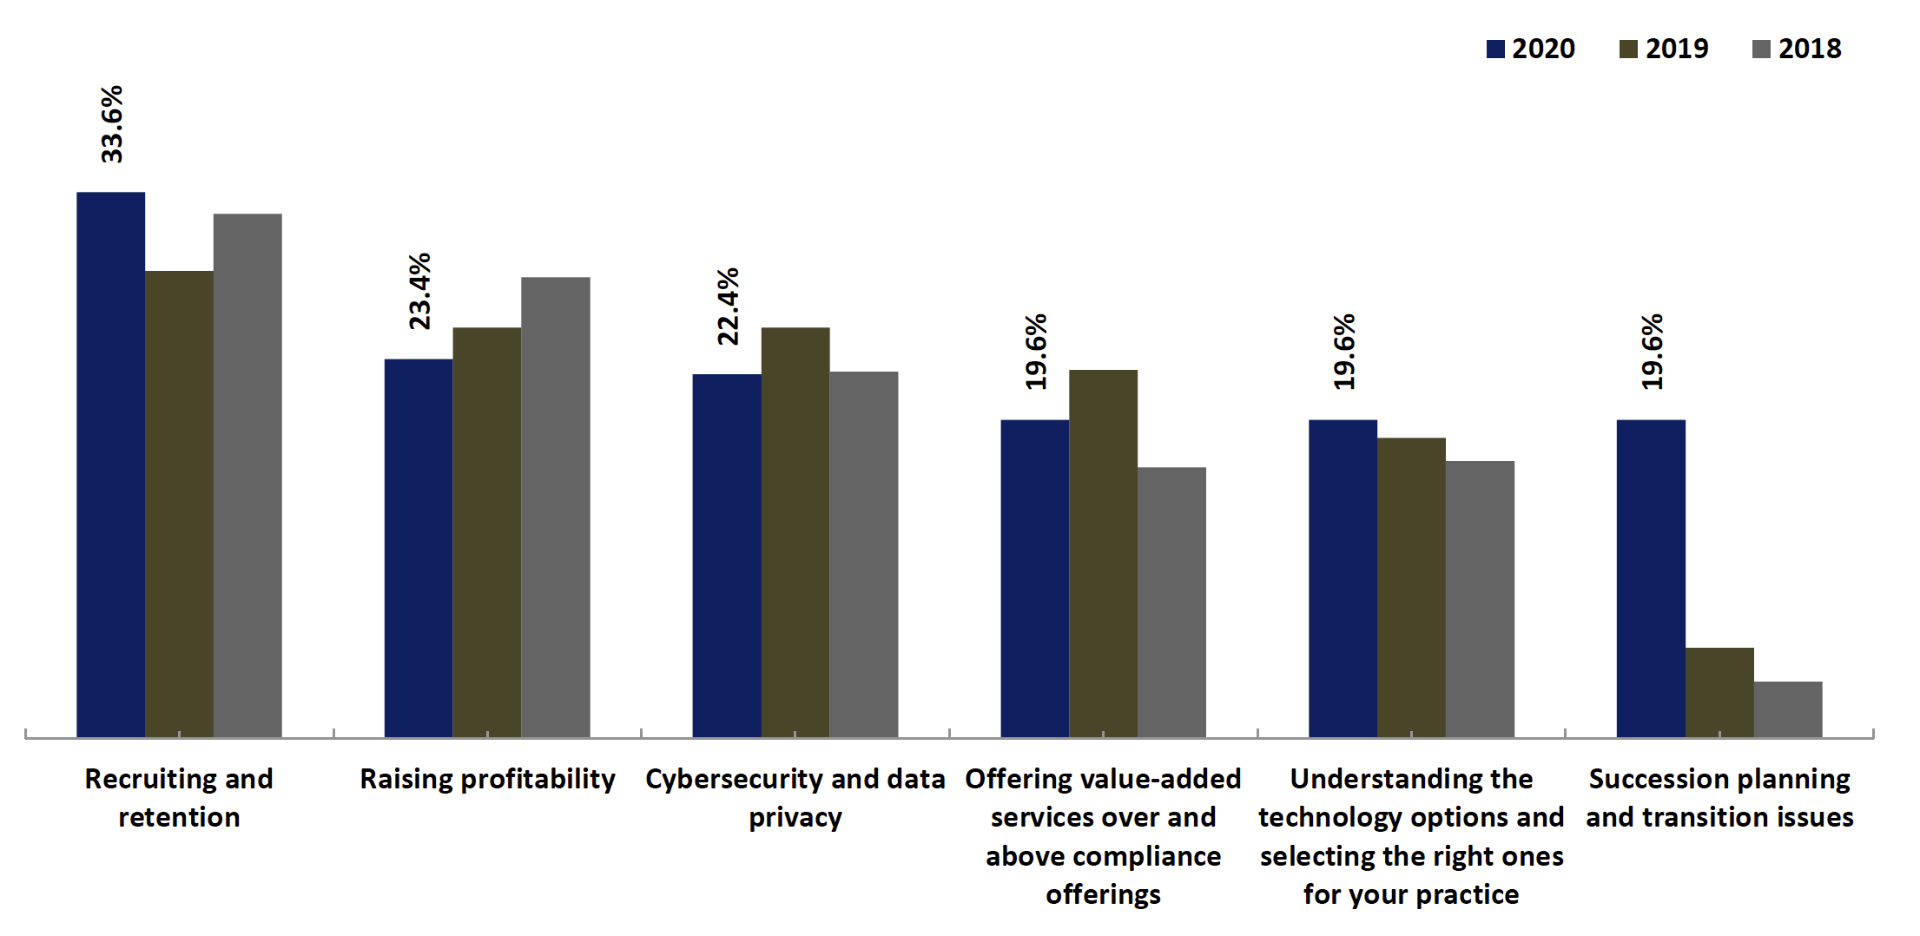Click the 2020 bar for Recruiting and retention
click(x=110, y=465)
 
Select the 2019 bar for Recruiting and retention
click(x=179, y=504)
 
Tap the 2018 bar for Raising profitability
click(x=555, y=507)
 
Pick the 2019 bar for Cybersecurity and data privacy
click(x=795, y=531)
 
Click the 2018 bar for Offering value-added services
click(x=1171, y=602)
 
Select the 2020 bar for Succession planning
click(x=1651, y=578)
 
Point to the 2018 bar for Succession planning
click(x=1788, y=709)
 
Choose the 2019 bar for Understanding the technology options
click(x=1411, y=587)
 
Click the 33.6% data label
click(x=112, y=124)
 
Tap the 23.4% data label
click(x=420, y=291)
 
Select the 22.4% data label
click(x=728, y=307)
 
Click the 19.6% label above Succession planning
click(x=1652, y=352)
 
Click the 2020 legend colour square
click(x=1495, y=49)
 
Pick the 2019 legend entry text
click(x=1676, y=49)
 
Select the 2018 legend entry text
click(x=1809, y=49)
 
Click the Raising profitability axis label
click(x=487, y=779)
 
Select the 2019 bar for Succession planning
click(x=1719, y=692)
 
